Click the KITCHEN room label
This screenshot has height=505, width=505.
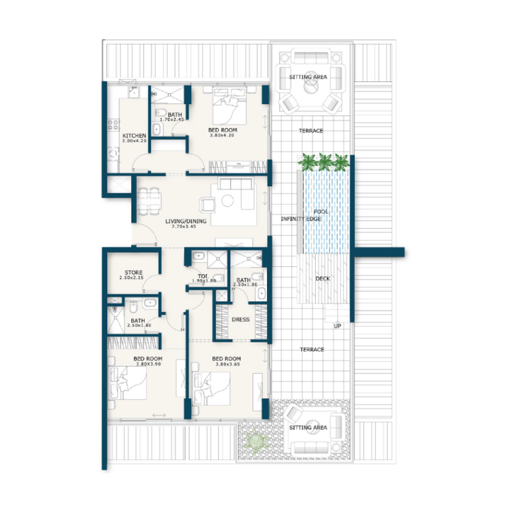pyautogui.click(x=134, y=136)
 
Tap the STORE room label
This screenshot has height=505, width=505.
pyautogui.click(x=133, y=273)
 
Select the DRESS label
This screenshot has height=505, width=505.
pyautogui.click(x=241, y=319)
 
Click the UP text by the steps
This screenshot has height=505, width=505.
pyautogui.click(x=338, y=326)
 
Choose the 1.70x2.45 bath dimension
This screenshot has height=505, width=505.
pyautogui.click(x=171, y=119)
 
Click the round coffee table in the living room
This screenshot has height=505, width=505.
pyautogui.click(x=228, y=201)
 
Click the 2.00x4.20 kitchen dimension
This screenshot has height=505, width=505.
pyautogui.click(x=134, y=141)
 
